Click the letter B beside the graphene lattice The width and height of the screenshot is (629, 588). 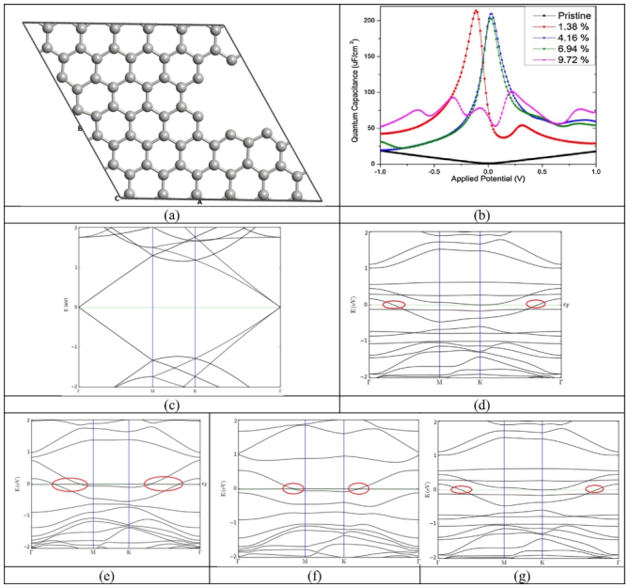[81, 128]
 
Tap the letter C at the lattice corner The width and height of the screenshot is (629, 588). [117, 199]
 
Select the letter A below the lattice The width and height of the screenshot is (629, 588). [198, 199]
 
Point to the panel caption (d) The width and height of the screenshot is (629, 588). [483, 405]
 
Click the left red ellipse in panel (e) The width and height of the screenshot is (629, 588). [70, 485]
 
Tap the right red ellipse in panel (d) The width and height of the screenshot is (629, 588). [535, 303]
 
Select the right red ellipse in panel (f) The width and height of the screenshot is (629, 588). [358, 487]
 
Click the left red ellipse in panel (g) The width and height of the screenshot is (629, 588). [462, 489]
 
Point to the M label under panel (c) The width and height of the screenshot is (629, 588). [152, 389]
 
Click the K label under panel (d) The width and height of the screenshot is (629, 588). [480, 381]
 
